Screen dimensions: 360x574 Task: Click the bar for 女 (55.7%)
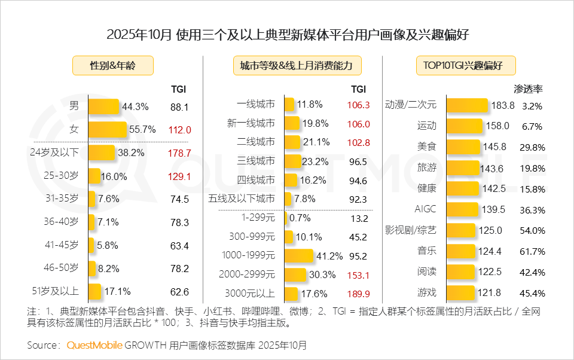pos(108,129)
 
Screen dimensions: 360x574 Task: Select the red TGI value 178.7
pos(179,153)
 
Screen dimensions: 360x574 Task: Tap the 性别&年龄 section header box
pos(112,65)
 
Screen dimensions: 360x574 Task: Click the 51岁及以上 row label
pos(54,292)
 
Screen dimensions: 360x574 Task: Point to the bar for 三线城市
pos(293,161)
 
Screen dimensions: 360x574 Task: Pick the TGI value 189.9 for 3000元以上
pos(358,294)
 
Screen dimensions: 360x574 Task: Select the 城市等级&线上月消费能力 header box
pos(297,65)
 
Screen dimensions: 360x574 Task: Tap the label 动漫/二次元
pos(411,105)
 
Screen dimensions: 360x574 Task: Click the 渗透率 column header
pos(529,90)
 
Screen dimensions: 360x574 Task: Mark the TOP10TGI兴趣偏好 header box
pos(466,65)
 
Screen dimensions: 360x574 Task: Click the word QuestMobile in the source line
pos(94,345)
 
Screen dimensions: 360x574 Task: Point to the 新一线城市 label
pos(251,123)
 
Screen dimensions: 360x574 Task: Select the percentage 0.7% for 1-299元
pos(300,218)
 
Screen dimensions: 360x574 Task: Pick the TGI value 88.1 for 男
pos(179,107)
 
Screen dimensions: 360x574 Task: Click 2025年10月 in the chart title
pos(139,35)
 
